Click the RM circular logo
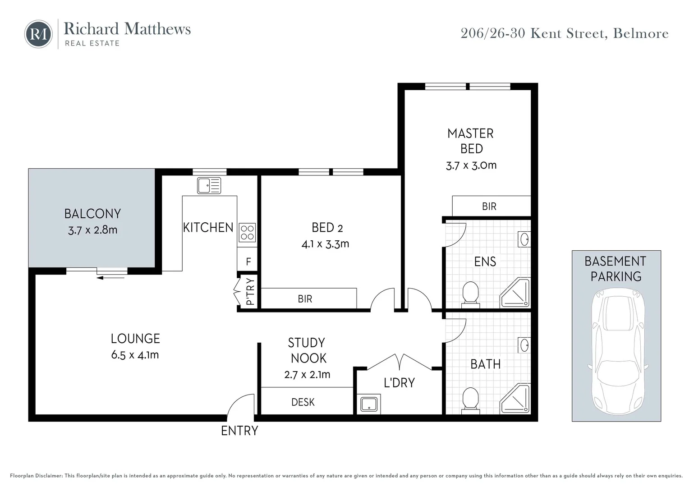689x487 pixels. click(38, 34)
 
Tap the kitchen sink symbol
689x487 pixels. click(209, 185)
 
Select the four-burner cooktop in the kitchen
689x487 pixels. click(247, 233)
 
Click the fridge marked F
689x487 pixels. click(248, 262)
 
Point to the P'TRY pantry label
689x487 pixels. click(250, 292)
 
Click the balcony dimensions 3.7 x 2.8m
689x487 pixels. click(92, 230)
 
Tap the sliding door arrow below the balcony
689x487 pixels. click(111, 277)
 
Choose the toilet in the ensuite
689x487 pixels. click(470, 293)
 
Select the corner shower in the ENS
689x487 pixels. click(515, 293)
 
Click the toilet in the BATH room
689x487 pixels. click(470, 399)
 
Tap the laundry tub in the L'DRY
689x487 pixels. click(369, 404)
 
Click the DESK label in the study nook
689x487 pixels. click(303, 402)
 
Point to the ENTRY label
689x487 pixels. click(239, 431)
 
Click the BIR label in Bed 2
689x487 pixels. click(305, 299)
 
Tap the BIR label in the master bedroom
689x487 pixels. click(489, 207)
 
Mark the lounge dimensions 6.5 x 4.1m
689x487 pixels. click(135, 355)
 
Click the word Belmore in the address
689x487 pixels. click(641, 33)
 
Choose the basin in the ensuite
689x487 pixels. click(524, 239)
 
